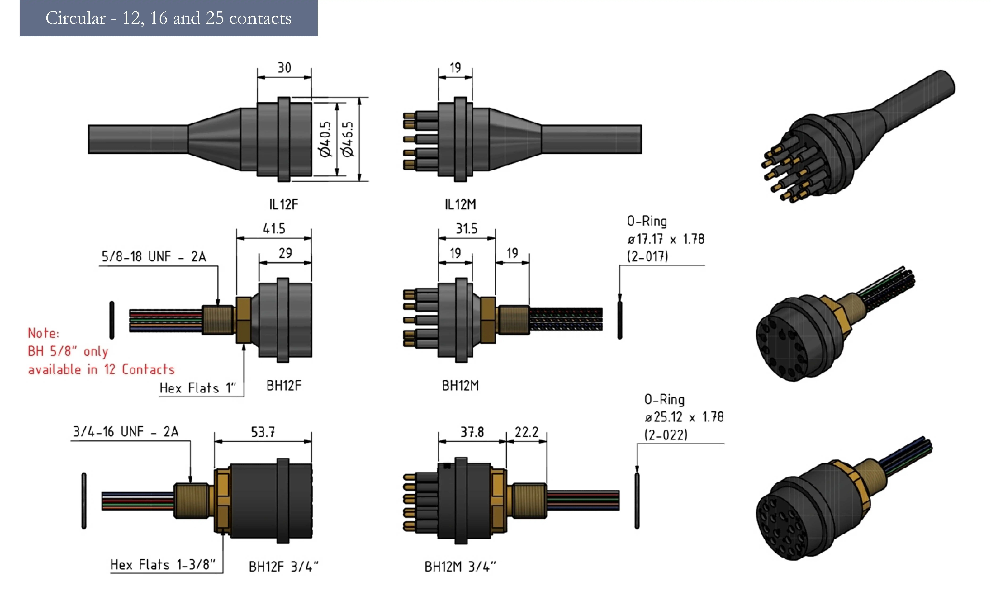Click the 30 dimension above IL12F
coord(284,68)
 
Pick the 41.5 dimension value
coord(274,229)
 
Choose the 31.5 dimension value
coord(466,229)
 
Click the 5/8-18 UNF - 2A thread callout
coord(153,257)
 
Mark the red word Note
coord(43,333)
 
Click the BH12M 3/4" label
coord(460,566)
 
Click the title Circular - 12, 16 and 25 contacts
coord(168,18)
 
